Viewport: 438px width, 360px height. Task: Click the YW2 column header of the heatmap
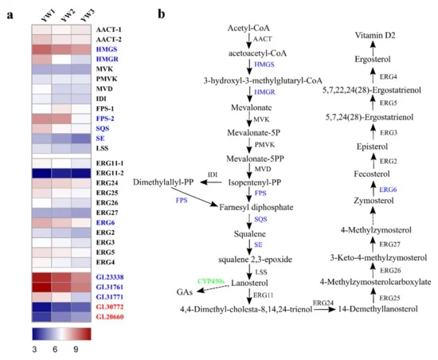tap(68, 15)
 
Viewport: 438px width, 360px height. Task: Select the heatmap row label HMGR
tap(108, 59)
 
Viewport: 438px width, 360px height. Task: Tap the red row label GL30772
tap(110, 307)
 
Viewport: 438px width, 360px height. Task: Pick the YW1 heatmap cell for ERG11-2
tap(41, 173)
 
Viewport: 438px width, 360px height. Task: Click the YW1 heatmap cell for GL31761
tap(41, 287)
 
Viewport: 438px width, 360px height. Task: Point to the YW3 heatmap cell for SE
tap(81, 139)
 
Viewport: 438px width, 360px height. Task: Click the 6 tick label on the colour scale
tap(55, 349)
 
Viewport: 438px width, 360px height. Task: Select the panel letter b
tap(161, 14)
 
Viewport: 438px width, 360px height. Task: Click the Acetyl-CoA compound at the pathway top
tap(248, 28)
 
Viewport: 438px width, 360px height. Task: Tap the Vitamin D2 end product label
tap(375, 35)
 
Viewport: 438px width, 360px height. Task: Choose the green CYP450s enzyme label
tap(211, 281)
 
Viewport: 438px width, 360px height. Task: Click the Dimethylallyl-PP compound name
tap(163, 182)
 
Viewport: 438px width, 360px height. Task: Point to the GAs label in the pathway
tap(185, 292)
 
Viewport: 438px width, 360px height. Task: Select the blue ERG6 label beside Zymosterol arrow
tap(388, 190)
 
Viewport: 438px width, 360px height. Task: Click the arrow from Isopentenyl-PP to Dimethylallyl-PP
tap(211, 182)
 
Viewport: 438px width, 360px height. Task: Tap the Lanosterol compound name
tap(249, 283)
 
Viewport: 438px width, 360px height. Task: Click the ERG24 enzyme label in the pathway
tap(323, 303)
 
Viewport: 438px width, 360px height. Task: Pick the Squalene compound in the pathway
tap(250, 234)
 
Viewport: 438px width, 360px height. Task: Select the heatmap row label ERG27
tap(107, 213)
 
